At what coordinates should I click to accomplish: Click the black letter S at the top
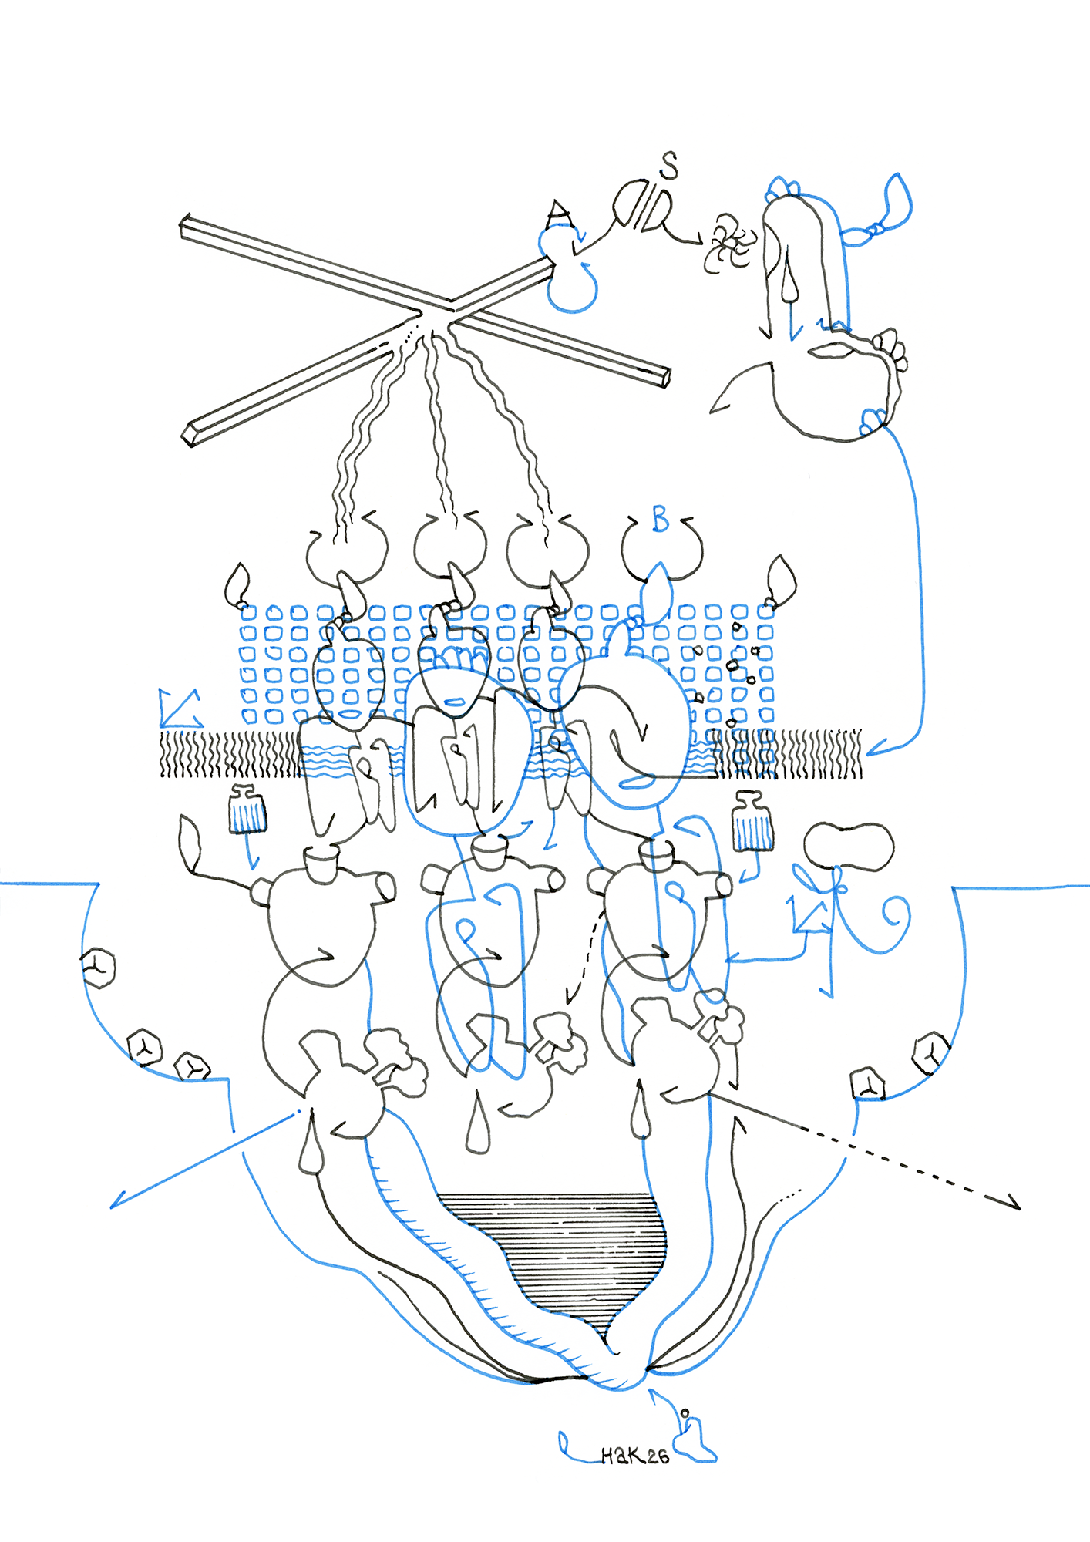tap(669, 164)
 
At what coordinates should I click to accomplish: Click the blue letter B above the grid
tap(660, 519)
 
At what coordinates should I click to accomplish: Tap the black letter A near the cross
tap(559, 210)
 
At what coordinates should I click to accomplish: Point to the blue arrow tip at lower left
tap(116, 1204)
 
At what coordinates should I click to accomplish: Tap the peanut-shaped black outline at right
tap(849, 846)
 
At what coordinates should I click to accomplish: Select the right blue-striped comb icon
tap(752, 825)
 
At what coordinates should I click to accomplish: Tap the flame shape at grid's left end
tap(237, 584)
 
